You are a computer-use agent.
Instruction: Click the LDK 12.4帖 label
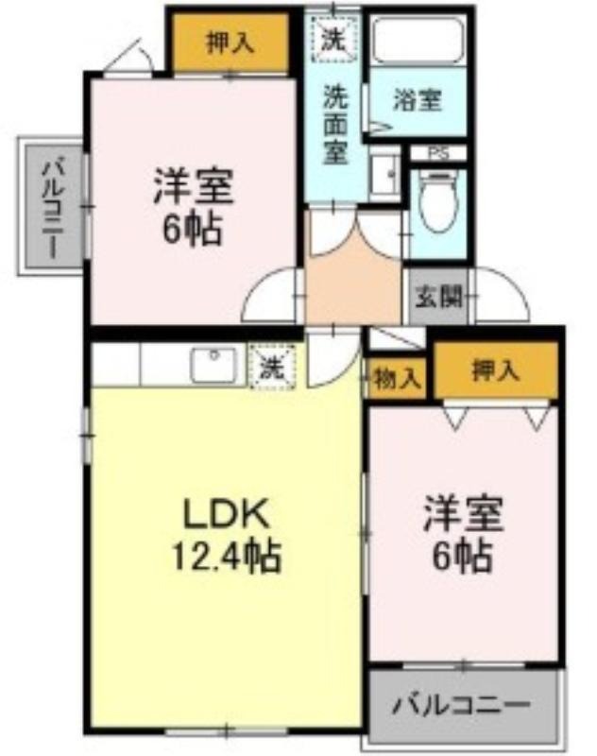click(x=226, y=534)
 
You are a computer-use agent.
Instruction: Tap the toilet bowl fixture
click(x=437, y=202)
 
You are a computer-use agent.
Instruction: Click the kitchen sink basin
click(x=213, y=365)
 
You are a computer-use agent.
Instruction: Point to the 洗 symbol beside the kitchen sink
click(x=272, y=367)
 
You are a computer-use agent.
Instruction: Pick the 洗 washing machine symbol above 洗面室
click(x=334, y=39)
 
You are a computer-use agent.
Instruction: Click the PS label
click(x=438, y=154)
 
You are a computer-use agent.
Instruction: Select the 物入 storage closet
click(x=398, y=378)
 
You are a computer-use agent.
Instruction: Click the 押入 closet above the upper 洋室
click(x=230, y=43)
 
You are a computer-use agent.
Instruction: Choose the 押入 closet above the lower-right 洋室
click(x=496, y=370)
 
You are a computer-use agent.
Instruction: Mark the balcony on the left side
click(x=52, y=207)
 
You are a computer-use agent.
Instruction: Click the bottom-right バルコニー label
click(x=461, y=706)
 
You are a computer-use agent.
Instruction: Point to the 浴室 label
click(x=418, y=100)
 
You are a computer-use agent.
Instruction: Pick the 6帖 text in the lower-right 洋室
click(x=462, y=557)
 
